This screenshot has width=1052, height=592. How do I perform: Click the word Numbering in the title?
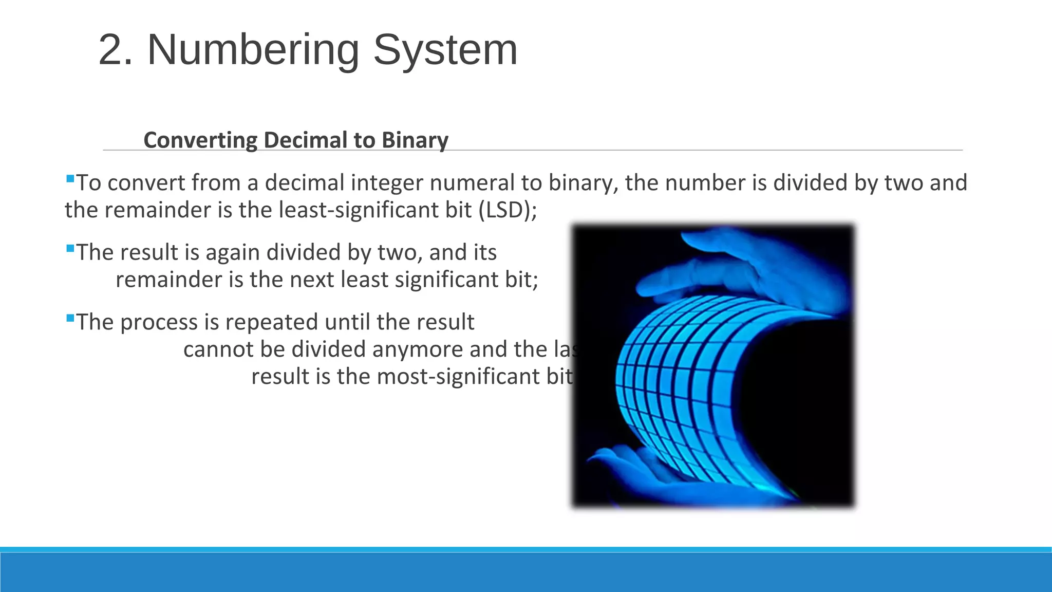coord(253,50)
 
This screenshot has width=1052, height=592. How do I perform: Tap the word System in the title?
coord(445,50)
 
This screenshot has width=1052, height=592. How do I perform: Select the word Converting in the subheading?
coord(200,140)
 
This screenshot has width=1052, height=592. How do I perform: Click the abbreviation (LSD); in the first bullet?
coord(508,210)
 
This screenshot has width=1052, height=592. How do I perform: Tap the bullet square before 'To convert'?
coord(70,179)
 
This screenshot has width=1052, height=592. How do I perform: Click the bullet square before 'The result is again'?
coord(70,249)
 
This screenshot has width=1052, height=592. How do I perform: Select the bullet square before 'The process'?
coord(70,319)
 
